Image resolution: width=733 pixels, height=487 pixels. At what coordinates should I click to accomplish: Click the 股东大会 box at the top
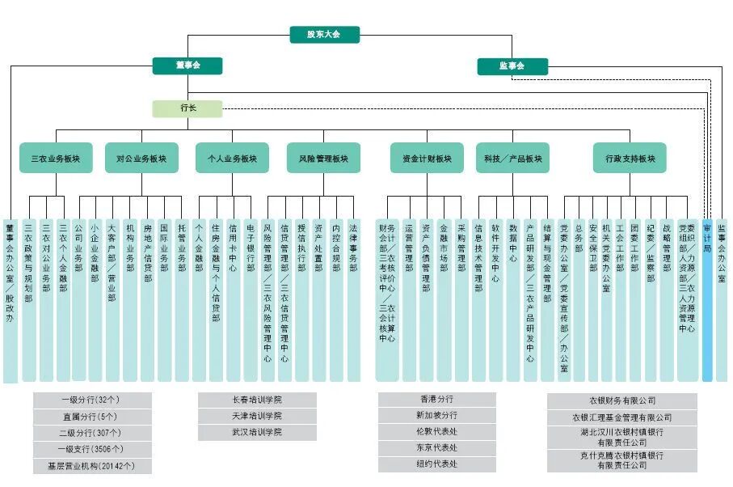(324, 35)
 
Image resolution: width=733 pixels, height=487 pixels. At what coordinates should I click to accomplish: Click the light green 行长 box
(187, 108)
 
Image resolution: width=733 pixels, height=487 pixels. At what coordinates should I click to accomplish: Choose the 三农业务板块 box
(56, 159)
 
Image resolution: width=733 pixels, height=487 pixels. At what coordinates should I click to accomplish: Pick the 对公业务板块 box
(141, 159)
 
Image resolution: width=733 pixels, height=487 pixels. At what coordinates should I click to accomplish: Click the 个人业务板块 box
(232, 159)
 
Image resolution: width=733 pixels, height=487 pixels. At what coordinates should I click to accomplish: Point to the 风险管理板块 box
(323, 159)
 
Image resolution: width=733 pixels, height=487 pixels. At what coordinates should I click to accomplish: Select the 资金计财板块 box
(427, 159)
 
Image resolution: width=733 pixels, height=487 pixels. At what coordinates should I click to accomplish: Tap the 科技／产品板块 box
(512, 159)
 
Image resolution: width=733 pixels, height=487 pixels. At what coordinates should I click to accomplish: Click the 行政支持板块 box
(630, 159)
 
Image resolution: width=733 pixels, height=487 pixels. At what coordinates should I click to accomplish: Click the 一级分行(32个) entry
(91, 400)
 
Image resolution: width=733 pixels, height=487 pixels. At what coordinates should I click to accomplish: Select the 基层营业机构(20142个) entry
(91, 467)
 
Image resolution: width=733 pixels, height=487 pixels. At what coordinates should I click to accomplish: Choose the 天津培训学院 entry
(257, 417)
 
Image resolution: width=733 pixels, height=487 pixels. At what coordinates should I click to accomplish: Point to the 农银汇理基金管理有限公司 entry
(622, 418)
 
